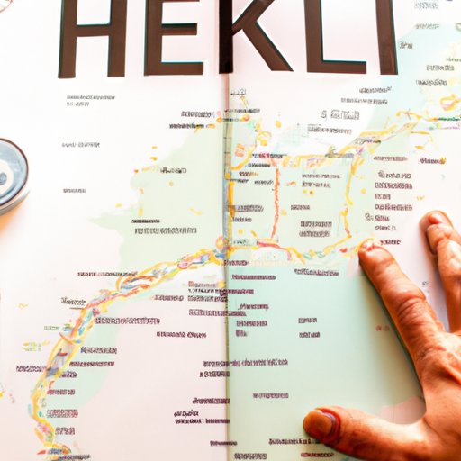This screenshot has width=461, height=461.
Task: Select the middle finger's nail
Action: coord(437,220)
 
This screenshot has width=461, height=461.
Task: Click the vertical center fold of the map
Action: coord(226,270)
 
